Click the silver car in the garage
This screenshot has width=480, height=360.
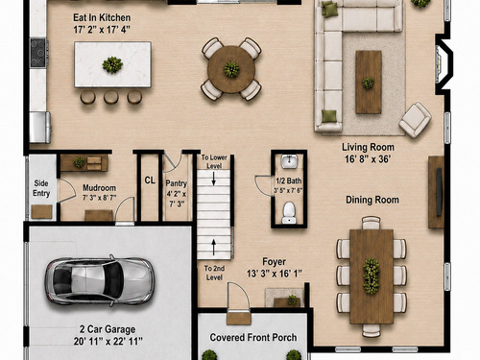100,280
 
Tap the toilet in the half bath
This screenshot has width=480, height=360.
289,212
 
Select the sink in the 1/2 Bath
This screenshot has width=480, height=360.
289,161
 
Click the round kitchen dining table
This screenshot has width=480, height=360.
231,69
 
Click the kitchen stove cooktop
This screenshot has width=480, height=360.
38,53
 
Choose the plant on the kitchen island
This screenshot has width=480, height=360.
112,64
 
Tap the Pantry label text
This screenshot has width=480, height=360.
176,183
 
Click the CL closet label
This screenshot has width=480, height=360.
150,180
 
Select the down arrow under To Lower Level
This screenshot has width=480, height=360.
213,179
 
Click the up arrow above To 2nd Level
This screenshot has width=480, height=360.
214,247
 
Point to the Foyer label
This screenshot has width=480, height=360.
274,262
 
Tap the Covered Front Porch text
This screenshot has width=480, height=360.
253,337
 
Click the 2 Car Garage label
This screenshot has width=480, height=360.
108,329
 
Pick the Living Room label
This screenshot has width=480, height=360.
368,147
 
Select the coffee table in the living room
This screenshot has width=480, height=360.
369,82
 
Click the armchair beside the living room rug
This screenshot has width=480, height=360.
415,120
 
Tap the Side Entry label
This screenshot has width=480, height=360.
41,188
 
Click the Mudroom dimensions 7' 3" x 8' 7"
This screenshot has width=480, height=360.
99,198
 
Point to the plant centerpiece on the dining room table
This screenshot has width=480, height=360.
372,276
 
